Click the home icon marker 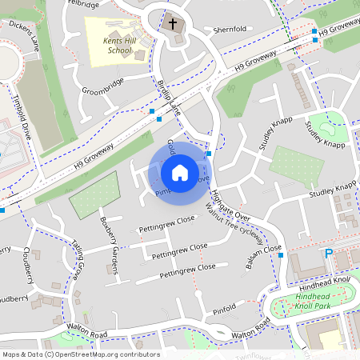click(180, 172)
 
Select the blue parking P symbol click(328, 254)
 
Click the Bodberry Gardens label click(107, 233)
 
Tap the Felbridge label click(84, 4)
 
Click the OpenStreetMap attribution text click(80, 354)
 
